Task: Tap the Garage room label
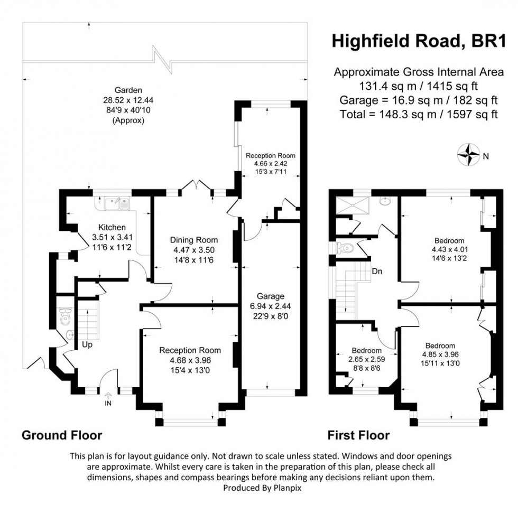point(271,296)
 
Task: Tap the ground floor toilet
point(65,316)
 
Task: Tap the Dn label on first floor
point(377,272)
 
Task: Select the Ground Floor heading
point(61,435)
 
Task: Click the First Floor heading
point(358,435)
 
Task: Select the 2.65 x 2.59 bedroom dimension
point(366,359)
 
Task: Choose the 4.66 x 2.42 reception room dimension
point(271,164)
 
